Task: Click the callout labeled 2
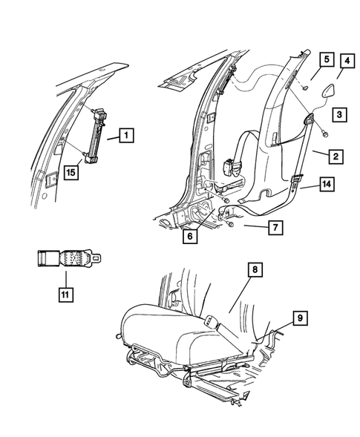point(336,156)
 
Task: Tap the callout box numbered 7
point(275,226)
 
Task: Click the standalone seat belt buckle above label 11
point(67,259)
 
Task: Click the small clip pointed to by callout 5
point(305,88)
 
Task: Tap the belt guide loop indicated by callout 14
point(295,180)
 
